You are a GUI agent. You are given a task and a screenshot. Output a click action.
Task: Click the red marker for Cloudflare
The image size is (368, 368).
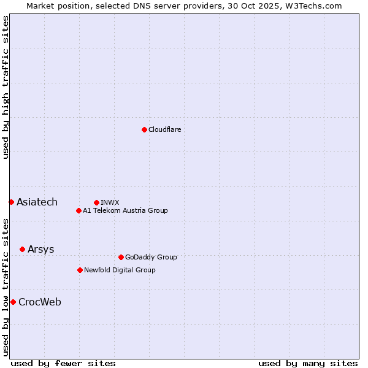point(144,129)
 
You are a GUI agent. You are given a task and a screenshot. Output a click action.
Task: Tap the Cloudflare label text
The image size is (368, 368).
point(164,129)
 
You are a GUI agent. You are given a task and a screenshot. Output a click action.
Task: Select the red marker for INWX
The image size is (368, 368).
point(96,202)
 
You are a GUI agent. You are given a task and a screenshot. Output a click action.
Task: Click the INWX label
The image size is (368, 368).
point(110,202)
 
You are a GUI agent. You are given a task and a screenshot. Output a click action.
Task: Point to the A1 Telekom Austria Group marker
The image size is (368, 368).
point(79,210)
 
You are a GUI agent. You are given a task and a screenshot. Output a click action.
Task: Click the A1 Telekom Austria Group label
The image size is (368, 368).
point(125,210)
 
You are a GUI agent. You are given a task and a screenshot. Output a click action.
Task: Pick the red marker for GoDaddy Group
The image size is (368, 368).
point(121,257)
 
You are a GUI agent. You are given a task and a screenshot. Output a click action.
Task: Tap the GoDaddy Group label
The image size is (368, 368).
point(150,257)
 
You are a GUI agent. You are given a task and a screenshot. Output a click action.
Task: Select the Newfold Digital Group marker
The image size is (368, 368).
point(80,270)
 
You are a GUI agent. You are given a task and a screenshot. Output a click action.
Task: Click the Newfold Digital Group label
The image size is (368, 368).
point(120,270)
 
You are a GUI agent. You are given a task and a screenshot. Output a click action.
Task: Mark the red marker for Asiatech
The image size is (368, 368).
point(11,202)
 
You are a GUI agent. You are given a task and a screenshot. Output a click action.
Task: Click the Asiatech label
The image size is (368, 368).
point(37,202)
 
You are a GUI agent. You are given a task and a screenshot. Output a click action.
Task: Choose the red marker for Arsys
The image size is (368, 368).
point(22,249)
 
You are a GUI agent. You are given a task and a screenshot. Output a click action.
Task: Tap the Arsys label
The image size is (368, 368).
point(40,249)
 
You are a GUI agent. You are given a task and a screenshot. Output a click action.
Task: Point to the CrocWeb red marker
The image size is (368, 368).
point(13,302)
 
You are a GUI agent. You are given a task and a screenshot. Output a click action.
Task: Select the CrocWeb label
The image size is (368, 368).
point(39,302)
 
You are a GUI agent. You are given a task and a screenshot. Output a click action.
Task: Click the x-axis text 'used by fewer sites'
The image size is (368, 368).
point(63,363)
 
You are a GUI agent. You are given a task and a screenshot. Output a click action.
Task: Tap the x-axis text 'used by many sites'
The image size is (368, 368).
point(308,363)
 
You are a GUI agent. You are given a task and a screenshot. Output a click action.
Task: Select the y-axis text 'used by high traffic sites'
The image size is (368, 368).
point(6,87)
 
